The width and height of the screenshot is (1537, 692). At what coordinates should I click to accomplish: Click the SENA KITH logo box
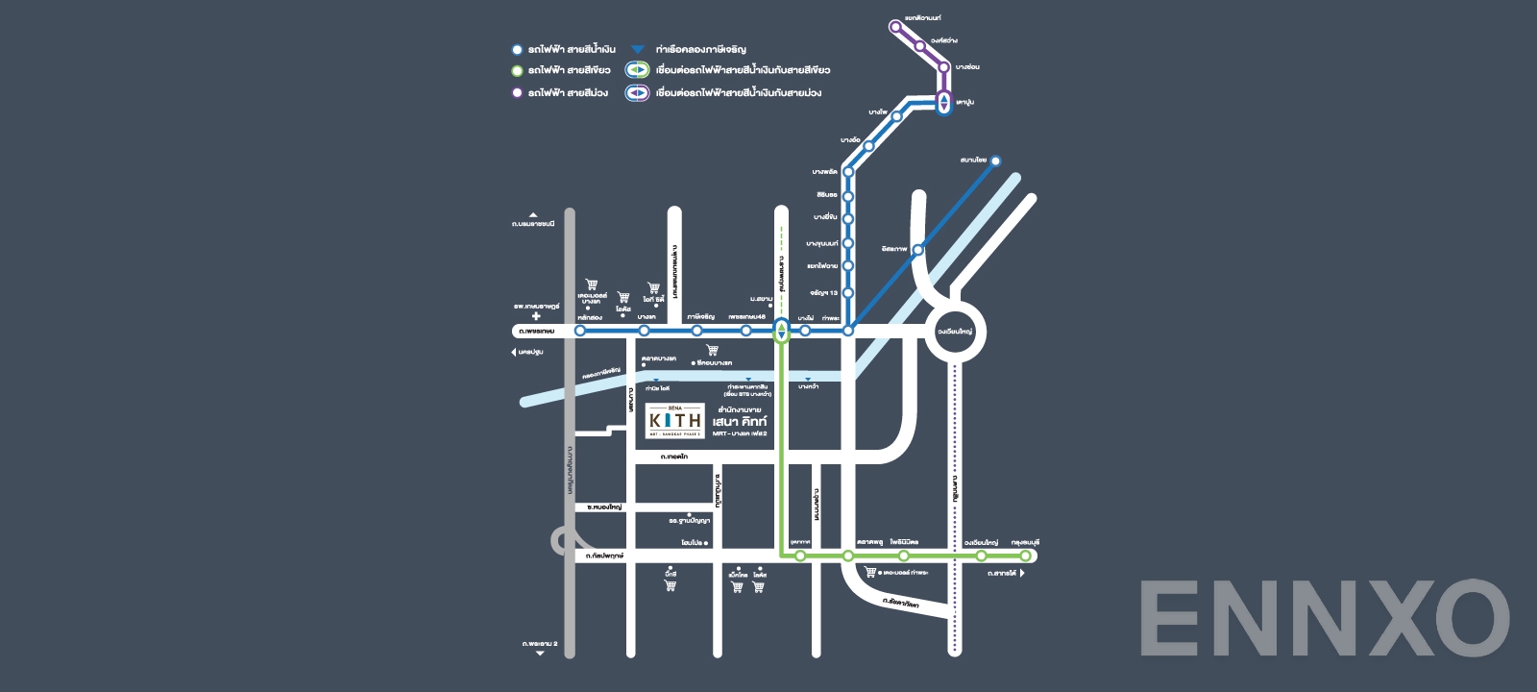pyautogui.click(x=674, y=420)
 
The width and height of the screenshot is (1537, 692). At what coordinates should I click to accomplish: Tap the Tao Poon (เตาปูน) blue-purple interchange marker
pyautogui.click(x=944, y=103)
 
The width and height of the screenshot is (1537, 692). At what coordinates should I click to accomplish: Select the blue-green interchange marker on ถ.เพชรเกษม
pyautogui.click(x=782, y=332)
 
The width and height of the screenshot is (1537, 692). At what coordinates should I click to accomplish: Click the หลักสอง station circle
pyautogui.click(x=580, y=331)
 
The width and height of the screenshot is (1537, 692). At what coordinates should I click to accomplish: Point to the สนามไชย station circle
pyautogui.click(x=996, y=161)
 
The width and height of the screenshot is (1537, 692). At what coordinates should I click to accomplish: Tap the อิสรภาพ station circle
pyautogui.click(x=917, y=250)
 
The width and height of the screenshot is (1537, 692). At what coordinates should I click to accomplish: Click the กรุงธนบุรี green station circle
pyautogui.click(x=1026, y=556)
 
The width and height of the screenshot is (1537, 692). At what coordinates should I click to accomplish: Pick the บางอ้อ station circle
pyautogui.click(x=868, y=146)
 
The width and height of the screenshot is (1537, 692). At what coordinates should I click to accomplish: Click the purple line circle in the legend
pyautogui.click(x=517, y=93)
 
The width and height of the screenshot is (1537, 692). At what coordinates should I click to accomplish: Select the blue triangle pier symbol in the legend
pyautogui.click(x=637, y=49)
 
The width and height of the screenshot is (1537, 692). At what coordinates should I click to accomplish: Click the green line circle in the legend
pyautogui.click(x=517, y=70)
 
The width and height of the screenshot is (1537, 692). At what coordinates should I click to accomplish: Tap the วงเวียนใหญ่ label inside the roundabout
pyautogui.click(x=955, y=332)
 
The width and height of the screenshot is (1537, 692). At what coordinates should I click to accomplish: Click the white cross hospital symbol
pyautogui.click(x=536, y=316)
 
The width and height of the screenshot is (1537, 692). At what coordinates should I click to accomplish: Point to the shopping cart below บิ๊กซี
pyautogui.click(x=671, y=585)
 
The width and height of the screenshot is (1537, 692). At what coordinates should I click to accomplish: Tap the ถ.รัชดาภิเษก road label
pyautogui.click(x=901, y=605)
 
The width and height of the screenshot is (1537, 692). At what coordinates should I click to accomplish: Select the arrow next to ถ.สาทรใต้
pyautogui.click(x=1022, y=574)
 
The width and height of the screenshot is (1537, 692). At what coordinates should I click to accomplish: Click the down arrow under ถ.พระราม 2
pyautogui.click(x=540, y=654)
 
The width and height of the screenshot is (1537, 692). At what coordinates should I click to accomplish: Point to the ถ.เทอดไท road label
pyautogui.click(x=674, y=457)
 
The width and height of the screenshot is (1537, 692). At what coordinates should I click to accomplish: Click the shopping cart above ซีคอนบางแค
pyautogui.click(x=712, y=351)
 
